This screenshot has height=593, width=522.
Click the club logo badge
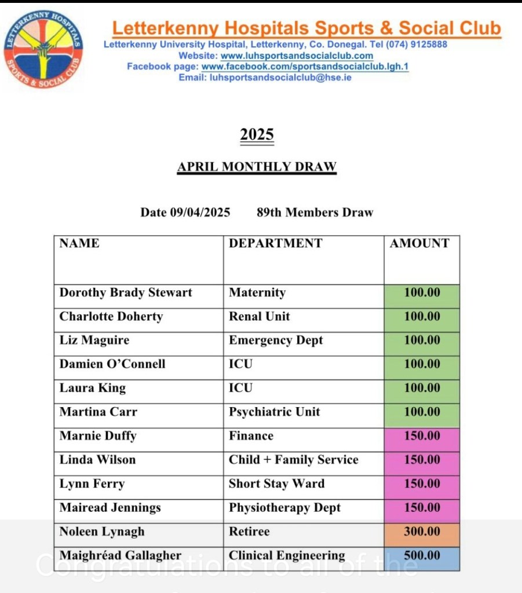43,50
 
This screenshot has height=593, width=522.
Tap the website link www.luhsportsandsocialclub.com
297,56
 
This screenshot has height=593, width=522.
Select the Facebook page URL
305,67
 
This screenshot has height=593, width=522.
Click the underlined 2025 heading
257,135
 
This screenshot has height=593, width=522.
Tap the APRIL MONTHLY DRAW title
257,167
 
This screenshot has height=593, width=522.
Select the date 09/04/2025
200,213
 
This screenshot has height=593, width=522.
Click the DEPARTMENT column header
275,243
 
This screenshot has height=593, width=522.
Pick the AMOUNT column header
419,243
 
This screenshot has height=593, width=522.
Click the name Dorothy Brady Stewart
126,292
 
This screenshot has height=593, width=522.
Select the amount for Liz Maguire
422,341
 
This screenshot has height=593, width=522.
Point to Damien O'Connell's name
112,364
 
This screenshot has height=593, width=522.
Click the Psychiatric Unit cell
275,412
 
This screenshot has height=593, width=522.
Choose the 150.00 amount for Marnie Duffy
422,436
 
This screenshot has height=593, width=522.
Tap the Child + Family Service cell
294,460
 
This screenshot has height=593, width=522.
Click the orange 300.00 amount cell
422,532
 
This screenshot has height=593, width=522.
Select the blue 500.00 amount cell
422,555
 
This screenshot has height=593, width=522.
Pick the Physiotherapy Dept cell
284,508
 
